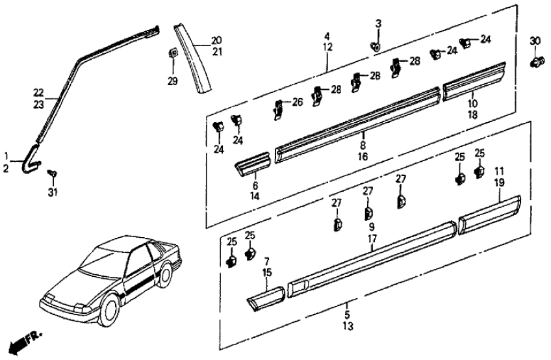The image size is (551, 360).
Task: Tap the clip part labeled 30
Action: (x=535, y=62)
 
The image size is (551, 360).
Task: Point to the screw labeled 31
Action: (x=53, y=173)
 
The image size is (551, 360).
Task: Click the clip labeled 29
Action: (x=173, y=53)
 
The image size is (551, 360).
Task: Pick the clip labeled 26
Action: (x=277, y=109)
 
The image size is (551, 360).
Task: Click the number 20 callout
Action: (x=216, y=39)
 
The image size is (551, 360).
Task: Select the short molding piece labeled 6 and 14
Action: (x=253, y=163)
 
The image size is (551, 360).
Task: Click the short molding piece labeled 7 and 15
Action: (x=266, y=297)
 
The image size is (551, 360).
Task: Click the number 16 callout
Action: (x=363, y=157)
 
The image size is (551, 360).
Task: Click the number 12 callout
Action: (x=327, y=47)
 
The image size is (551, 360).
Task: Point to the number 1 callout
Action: (x=7, y=157)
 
